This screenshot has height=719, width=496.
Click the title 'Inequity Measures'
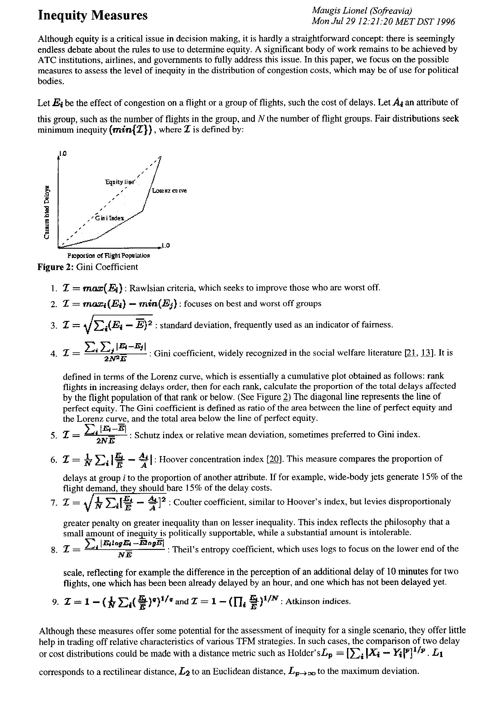click(x=93, y=15)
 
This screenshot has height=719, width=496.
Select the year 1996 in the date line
click(x=446, y=22)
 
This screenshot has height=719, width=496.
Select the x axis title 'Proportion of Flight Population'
click(x=109, y=256)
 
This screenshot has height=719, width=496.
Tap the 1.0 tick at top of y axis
click(x=63, y=153)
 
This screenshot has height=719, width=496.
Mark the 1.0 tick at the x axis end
click(x=166, y=246)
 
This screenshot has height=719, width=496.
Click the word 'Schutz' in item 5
click(x=146, y=434)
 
